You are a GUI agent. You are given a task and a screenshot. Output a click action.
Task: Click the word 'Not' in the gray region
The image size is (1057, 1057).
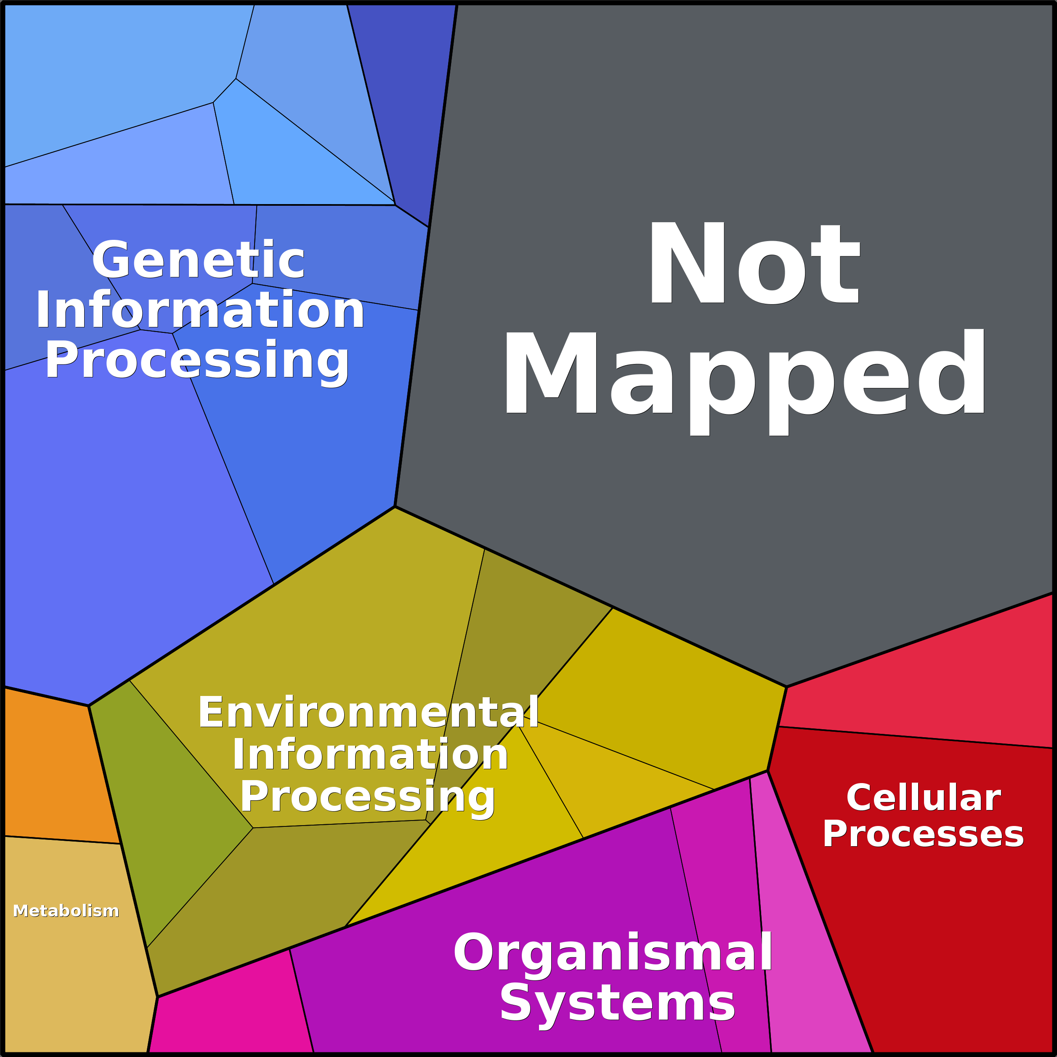click(x=754, y=263)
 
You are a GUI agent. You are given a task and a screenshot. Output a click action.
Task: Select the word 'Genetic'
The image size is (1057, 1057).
click(x=198, y=260)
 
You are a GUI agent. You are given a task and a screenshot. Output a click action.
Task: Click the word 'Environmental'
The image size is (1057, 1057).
click(x=368, y=712)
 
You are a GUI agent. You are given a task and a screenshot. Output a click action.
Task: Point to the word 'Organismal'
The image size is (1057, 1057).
click(x=613, y=953)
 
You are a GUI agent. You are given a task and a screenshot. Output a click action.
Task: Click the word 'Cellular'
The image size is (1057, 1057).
click(x=924, y=798)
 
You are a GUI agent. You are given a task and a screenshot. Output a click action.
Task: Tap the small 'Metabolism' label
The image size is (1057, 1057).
click(x=66, y=911)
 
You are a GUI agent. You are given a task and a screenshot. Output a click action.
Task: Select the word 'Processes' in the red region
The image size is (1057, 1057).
click(x=924, y=834)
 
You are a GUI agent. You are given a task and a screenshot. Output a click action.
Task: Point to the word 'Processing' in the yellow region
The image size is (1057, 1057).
click(x=368, y=797)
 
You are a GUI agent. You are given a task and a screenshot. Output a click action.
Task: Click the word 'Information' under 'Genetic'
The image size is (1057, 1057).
click(x=200, y=310)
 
